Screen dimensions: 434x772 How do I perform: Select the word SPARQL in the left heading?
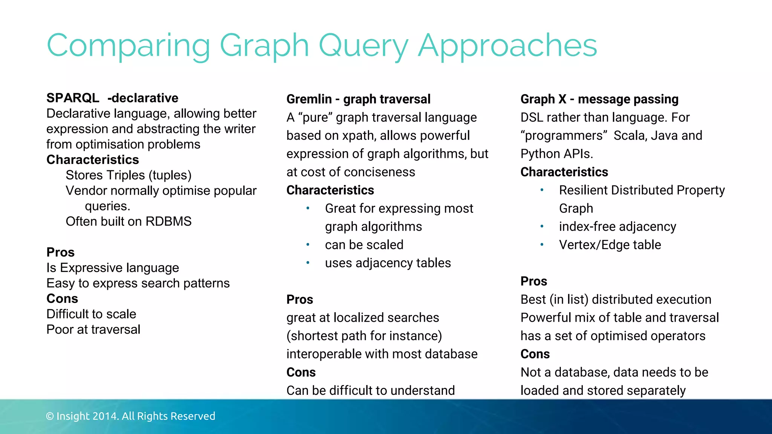73,98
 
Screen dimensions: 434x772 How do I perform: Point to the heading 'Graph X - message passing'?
599,99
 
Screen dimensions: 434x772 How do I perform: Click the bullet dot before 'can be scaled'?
308,245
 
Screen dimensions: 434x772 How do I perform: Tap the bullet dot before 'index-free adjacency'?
542,226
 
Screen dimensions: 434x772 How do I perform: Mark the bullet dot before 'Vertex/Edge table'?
542,245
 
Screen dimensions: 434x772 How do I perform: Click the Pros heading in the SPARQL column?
60,252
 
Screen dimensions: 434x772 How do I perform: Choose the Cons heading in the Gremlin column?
301,372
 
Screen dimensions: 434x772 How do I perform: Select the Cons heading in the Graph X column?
535,354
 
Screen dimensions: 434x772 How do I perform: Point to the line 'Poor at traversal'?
93,330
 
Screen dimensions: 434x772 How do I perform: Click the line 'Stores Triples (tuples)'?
129,175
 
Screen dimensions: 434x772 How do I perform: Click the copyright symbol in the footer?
50,416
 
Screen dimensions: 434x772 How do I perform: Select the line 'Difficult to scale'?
91,314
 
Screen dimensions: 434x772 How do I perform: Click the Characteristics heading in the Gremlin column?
330,190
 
